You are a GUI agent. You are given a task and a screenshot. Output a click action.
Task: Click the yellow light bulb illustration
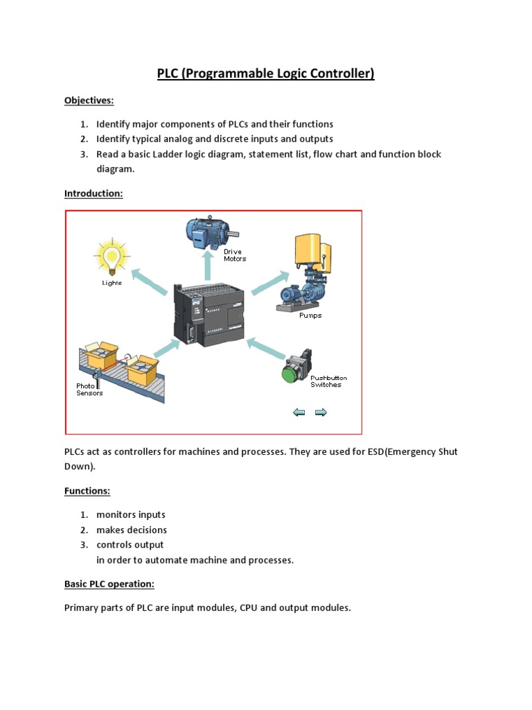coord(110,257)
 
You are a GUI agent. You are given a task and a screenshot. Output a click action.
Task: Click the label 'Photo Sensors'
coord(89,389)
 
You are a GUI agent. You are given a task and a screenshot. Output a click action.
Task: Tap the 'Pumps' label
coord(310,315)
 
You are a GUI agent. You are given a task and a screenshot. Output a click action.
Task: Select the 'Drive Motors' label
coord(235,255)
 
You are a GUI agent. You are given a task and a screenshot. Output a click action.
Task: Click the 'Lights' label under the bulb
coord(111,283)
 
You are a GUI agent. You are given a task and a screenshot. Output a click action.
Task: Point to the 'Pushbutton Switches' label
coord(328,381)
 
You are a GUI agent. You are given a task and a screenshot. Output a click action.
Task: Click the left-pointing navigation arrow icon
coord(299,413)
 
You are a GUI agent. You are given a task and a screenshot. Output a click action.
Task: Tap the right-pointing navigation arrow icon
coord(321,413)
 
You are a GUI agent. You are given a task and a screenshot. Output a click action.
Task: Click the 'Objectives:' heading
coord(89,101)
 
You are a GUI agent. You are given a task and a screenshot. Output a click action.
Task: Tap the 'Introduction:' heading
coord(94,193)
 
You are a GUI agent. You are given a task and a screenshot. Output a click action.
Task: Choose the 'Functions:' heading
coord(87,491)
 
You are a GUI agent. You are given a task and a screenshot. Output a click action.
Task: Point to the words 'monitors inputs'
coord(131,514)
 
